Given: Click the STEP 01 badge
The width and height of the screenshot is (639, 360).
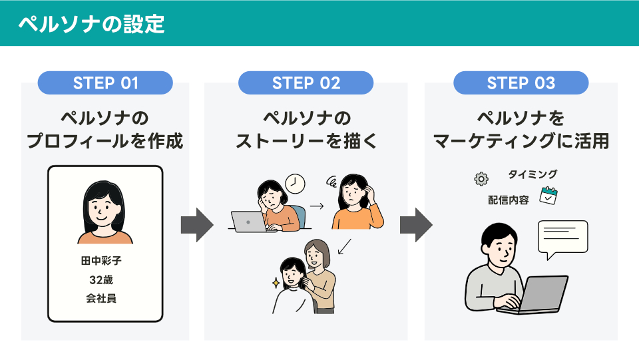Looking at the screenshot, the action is click(105, 83).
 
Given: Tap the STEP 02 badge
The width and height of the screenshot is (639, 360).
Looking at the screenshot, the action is click(306, 83).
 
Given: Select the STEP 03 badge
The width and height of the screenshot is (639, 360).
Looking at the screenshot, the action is click(521, 83).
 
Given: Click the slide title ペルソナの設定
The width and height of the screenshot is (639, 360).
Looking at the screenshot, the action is click(91, 24).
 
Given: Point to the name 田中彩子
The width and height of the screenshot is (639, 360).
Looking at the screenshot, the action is click(101, 261).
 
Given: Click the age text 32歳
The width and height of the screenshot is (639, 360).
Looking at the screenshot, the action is click(101, 279).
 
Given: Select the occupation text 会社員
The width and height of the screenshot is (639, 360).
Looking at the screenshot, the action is click(101, 299).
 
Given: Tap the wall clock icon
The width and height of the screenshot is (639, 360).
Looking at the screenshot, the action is click(295, 184).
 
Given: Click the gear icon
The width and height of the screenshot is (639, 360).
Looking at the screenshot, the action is click(481, 179).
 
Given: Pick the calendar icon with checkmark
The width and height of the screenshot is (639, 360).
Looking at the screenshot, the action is click(548, 196).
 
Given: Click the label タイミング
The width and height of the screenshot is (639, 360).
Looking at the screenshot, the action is click(532, 174).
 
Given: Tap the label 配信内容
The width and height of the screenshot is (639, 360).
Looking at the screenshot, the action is click(508, 200).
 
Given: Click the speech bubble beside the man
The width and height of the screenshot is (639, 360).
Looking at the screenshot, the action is click(563, 238).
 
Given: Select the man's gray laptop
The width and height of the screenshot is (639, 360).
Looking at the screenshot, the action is click(534, 295).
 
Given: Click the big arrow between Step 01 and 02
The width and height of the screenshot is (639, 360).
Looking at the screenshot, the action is click(197, 225).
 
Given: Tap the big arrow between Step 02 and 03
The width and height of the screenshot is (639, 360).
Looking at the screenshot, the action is click(416, 225).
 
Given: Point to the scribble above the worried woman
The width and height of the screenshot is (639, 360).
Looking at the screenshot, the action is click(331, 182).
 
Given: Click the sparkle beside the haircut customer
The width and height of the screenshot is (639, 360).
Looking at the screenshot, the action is click(276, 282).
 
